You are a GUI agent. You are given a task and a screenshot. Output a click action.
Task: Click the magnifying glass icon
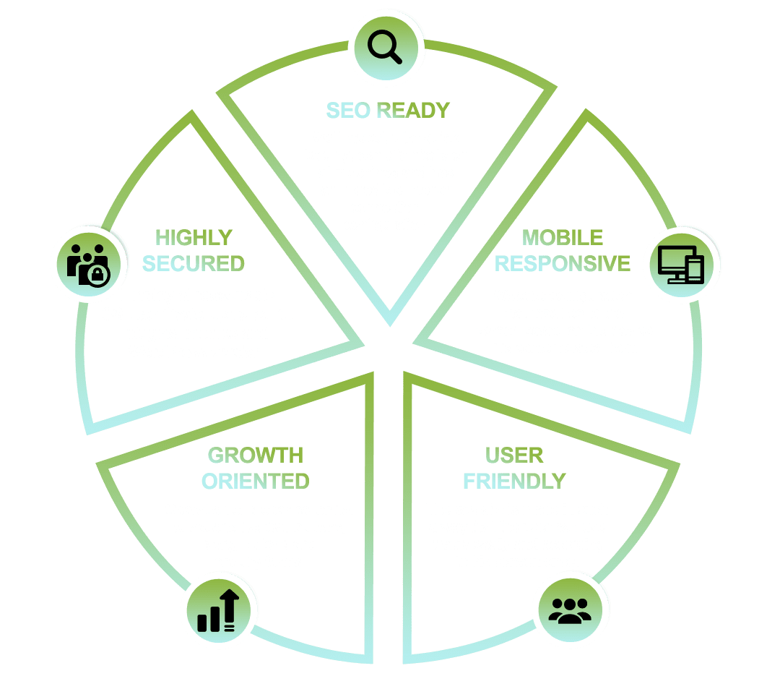[x=384, y=47]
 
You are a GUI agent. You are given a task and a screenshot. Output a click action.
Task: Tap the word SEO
[x=348, y=111]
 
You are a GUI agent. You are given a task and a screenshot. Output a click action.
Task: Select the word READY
[x=413, y=111]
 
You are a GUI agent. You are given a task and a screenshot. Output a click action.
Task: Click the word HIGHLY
[x=194, y=238]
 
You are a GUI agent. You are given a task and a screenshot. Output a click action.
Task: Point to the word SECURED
[x=194, y=263]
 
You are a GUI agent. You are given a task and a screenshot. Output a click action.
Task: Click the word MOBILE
[x=563, y=238]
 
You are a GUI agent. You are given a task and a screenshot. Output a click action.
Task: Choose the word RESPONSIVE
[x=563, y=263]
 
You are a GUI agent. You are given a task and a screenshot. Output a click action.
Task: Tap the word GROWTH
[x=256, y=456]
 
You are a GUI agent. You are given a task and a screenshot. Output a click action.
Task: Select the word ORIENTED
[x=256, y=482]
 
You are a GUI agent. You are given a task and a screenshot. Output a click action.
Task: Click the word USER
[x=514, y=456]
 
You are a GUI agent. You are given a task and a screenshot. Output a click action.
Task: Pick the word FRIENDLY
[x=515, y=482]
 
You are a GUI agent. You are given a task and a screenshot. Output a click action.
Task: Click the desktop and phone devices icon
[x=681, y=265]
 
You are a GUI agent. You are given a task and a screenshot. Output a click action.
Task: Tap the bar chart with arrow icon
[x=218, y=611]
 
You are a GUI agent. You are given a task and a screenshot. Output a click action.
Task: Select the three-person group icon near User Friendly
[x=570, y=611]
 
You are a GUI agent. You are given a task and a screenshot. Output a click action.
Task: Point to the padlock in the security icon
[x=98, y=275]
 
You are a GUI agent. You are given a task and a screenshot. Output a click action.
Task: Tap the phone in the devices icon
[x=695, y=270]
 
